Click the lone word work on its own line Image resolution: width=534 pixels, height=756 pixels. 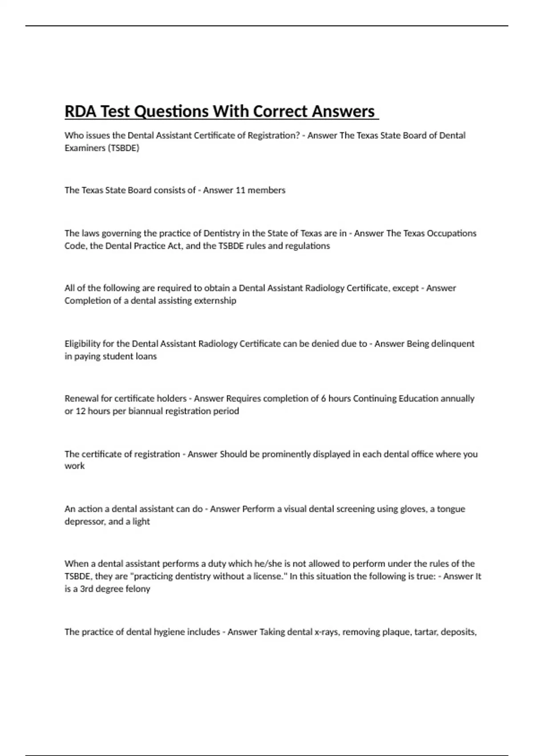(x=74, y=466)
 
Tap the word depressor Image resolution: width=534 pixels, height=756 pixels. (x=85, y=522)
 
